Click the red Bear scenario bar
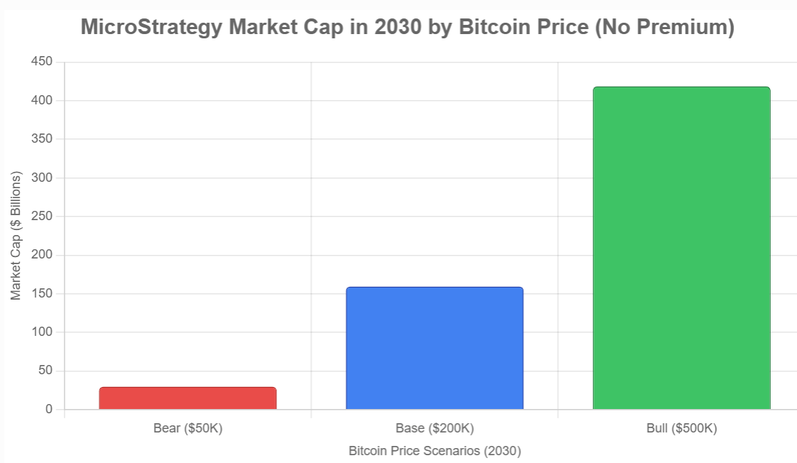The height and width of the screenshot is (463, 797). (188, 398)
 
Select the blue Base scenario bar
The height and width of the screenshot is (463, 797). (434, 348)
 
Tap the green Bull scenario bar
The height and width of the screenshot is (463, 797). (681, 248)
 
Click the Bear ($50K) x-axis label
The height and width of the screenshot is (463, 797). (188, 429)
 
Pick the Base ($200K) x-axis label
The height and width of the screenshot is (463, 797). (434, 429)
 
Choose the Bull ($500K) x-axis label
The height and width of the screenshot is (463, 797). (681, 429)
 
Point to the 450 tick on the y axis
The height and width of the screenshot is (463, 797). (42, 62)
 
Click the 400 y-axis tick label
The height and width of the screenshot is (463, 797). (42, 101)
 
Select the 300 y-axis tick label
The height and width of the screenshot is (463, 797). (42, 178)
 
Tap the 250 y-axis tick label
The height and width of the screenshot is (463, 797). (42, 217)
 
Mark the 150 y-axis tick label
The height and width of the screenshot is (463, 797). (42, 293)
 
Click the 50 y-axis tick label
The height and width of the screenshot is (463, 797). (45, 371)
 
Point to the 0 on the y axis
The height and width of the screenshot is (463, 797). (48, 410)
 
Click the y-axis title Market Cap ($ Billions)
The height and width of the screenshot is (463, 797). (16, 235)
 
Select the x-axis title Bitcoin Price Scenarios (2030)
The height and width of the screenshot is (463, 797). (434, 451)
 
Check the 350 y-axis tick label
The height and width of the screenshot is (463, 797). (42, 139)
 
